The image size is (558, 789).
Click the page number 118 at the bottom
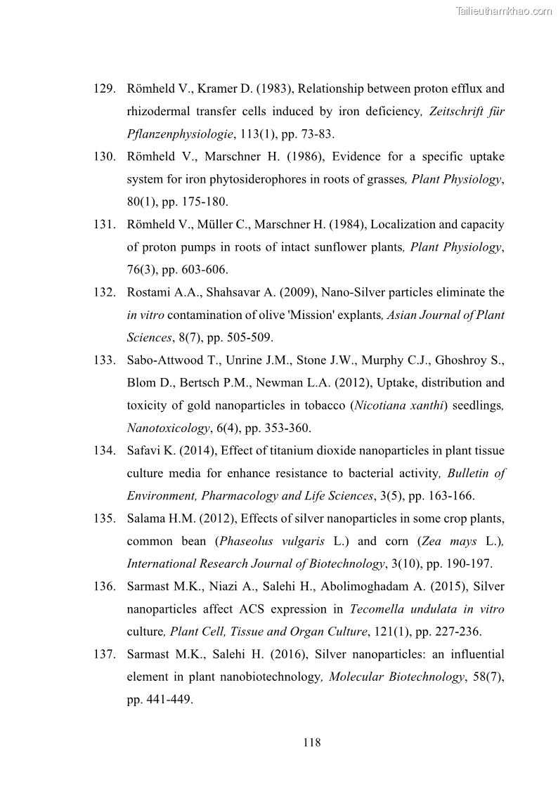point(312,742)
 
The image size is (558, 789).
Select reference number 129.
point(104,89)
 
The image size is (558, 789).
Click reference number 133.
point(104,360)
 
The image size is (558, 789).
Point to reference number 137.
point(104,654)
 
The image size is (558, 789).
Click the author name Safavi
point(143,451)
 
